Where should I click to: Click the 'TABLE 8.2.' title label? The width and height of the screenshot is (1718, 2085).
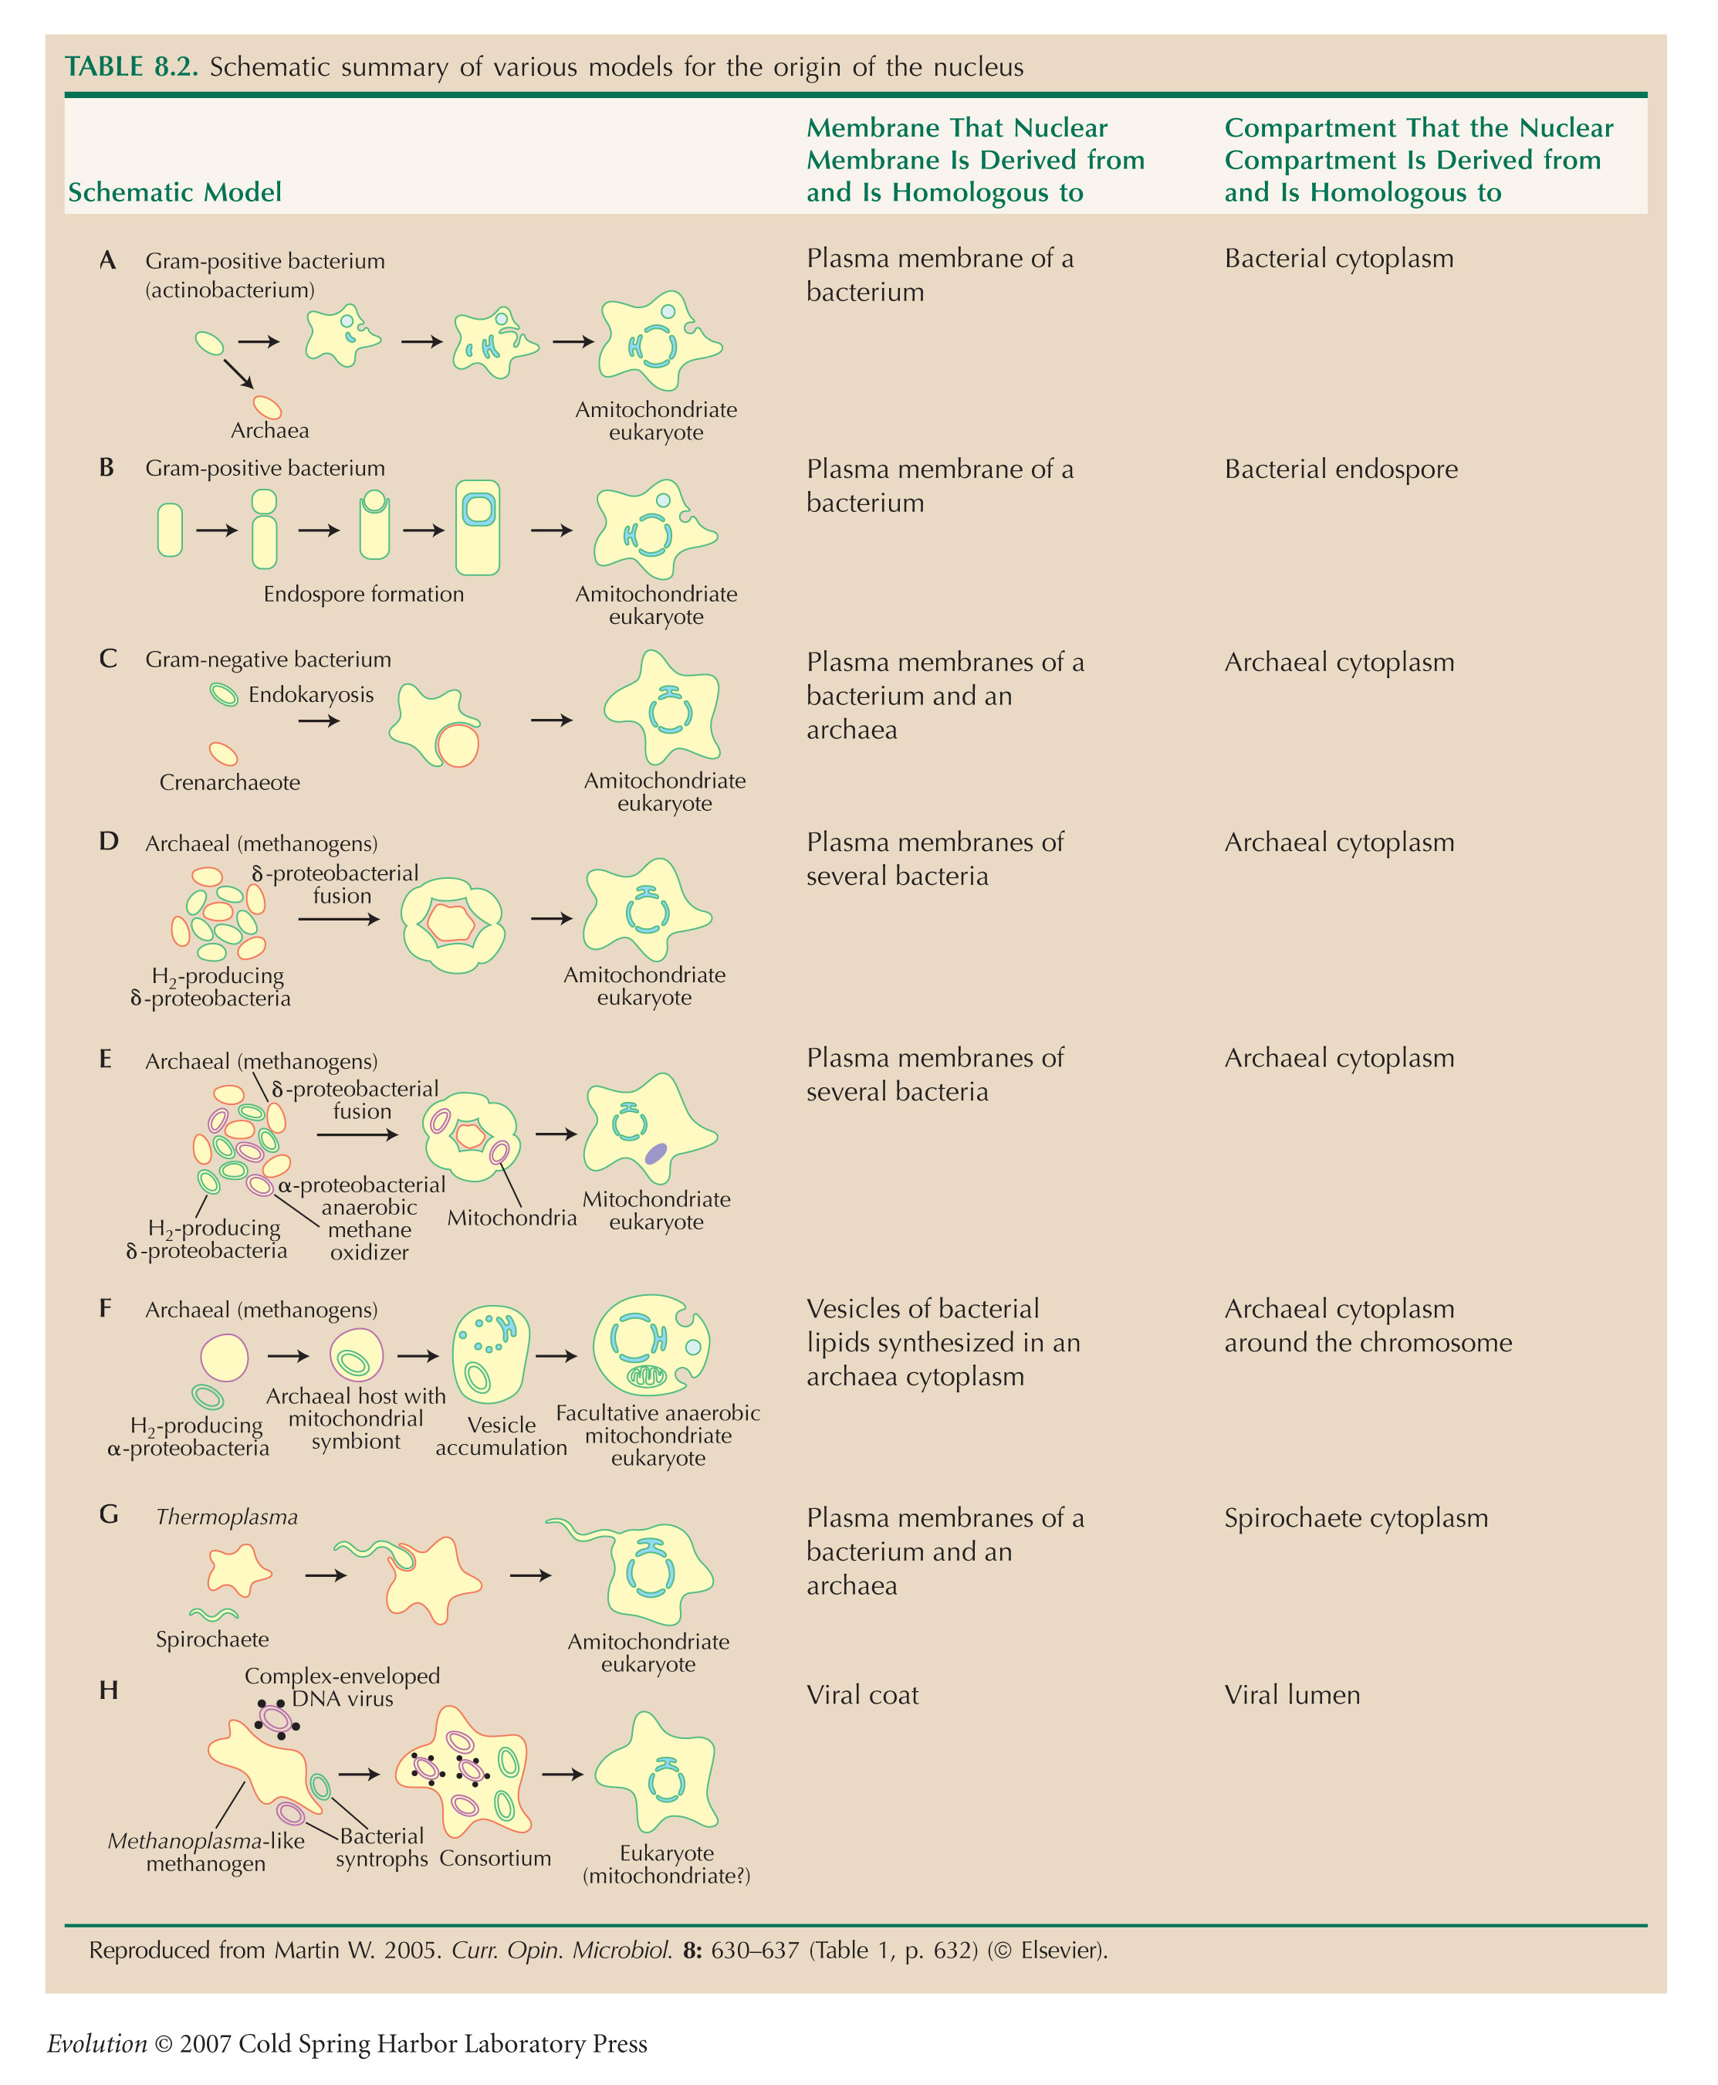(132, 66)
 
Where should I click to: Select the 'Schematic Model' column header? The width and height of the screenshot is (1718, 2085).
(174, 192)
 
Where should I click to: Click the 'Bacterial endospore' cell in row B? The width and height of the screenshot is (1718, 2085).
(1341, 470)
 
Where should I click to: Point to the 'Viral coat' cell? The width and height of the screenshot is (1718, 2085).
(862, 1695)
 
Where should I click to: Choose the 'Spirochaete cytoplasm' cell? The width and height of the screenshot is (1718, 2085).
(1356, 1517)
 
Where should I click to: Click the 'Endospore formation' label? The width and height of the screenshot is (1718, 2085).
(364, 594)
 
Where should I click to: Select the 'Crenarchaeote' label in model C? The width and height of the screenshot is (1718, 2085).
(229, 782)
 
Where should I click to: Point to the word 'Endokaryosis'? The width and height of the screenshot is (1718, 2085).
(311, 695)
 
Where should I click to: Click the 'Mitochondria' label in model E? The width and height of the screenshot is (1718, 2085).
(512, 1218)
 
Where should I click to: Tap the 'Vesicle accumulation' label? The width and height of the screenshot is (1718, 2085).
(502, 1436)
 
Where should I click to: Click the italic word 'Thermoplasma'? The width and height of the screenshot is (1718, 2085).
(227, 1517)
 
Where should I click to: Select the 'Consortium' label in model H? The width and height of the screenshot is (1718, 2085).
(495, 1858)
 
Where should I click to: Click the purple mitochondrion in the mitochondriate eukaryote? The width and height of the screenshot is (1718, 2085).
(656, 1154)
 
